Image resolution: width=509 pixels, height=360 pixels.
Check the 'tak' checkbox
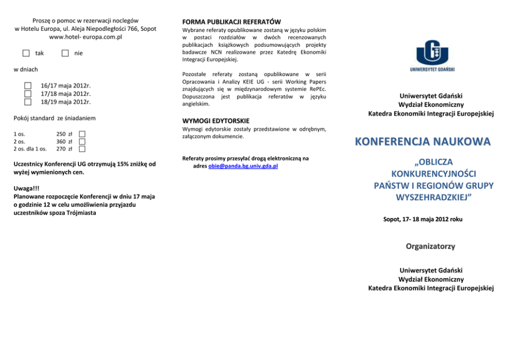[x=26, y=53]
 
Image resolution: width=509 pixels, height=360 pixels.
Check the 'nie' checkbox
[x=65, y=53]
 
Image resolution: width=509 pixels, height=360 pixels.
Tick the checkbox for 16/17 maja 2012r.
[x=28, y=86]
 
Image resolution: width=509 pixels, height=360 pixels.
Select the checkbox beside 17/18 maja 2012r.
[x=28, y=93]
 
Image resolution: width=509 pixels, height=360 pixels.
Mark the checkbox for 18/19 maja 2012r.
[x=28, y=102]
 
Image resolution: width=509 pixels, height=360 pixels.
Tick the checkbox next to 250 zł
[x=82, y=134]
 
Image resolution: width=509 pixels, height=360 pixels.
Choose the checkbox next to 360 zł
[x=82, y=141]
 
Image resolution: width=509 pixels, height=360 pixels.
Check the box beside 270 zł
[x=82, y=149]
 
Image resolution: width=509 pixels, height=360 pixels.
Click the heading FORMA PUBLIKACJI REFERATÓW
[x=231, y=22]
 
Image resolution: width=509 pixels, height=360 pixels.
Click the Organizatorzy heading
[x=430, y=247]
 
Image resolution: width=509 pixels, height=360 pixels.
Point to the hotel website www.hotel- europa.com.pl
[x=85, y=37]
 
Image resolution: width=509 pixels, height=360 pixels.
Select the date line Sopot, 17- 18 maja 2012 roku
[x=423, y=219]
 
